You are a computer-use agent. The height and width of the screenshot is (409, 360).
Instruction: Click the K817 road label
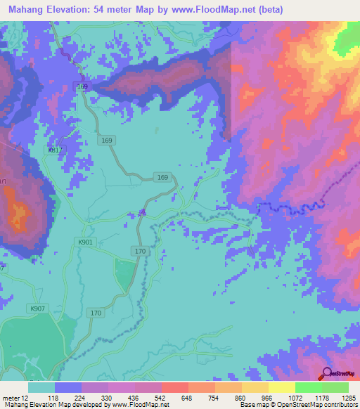[55, 150]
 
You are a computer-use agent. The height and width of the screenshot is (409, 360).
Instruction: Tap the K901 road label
[85, 242]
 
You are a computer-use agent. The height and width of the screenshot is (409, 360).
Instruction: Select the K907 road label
[37, 309]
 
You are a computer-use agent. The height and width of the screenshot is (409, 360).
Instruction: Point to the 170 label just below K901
[139, 251]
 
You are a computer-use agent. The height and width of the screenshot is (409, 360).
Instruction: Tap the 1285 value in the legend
[348, 398]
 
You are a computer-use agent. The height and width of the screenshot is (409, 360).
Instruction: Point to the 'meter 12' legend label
[15, 398]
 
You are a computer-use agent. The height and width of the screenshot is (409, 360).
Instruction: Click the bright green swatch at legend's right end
[335, 387]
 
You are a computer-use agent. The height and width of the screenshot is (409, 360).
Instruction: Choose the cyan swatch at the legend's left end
[41, 387]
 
